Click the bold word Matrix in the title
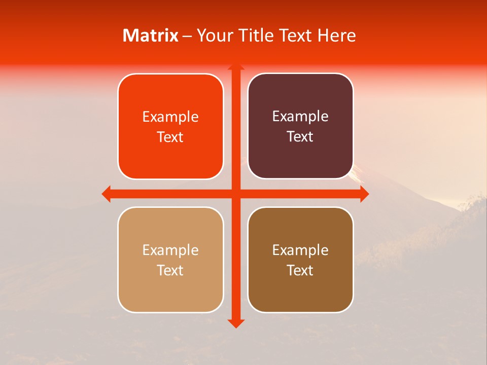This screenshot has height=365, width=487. tap(151, 35)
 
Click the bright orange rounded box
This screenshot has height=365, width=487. tap(170, 127)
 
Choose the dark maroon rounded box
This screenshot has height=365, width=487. tap(300, 126)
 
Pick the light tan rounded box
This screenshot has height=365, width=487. tap(170, 260)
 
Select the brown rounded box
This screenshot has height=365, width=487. tap(300, 260)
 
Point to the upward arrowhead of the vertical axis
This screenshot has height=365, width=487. tap(235, 66)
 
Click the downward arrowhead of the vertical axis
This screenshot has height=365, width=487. tap(235, 323)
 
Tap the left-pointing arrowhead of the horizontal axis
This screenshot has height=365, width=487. tap(106, 194)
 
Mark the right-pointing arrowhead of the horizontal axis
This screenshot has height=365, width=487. tap(364, 194)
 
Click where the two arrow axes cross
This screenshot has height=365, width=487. tap(235, 194)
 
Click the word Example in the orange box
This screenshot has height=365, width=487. tap(170, 117)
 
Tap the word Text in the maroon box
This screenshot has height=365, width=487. tap(300, 137)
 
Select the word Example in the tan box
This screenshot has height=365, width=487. tap(170, 250)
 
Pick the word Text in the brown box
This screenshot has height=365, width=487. tap(300, 270)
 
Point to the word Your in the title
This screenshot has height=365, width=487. tap(213, 35)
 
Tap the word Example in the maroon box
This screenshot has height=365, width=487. tap(300, 117)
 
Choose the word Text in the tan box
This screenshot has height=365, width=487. tap(170, 270)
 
